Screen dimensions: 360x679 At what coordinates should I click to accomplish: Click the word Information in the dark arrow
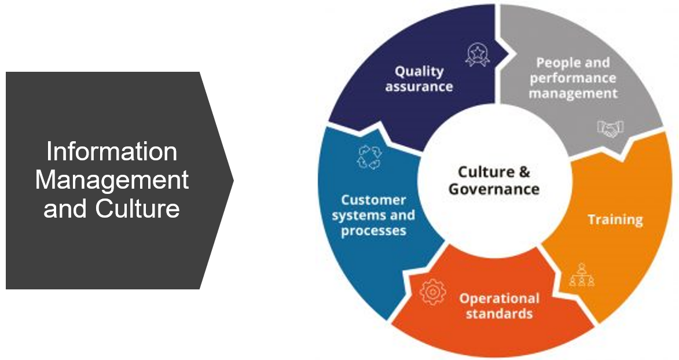pos(112,152)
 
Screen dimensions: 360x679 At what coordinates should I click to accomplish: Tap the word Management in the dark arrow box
pos(112,180)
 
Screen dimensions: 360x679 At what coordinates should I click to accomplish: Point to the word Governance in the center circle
pos(494,189)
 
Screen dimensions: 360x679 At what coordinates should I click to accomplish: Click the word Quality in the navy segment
pos(419,71)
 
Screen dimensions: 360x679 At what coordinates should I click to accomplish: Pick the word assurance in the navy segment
pos(419,87)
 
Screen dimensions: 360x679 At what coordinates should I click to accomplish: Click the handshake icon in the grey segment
pos(610,128)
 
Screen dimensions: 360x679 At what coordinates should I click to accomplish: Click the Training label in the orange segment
pos(615,220)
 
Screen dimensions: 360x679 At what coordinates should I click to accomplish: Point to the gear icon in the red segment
pos(431,291)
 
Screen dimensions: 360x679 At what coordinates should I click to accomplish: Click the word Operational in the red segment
pos(499,299)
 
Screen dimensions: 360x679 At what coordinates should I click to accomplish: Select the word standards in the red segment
pos(499,314)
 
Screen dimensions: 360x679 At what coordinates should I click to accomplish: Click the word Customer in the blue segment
pos(373,200)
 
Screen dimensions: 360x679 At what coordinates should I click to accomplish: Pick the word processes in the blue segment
pos(373,231)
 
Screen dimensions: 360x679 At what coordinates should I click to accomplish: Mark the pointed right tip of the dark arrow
pos(232,180)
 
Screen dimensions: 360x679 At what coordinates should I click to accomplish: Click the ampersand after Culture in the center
pos(523,172)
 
